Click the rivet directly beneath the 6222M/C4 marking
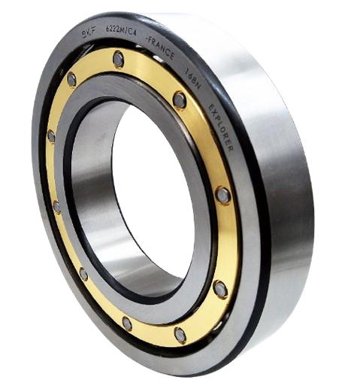pos(118,57)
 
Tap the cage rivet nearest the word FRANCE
pos(179,99)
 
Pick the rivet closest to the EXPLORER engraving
pos(222,195)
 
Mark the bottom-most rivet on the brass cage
pos(180,334)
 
